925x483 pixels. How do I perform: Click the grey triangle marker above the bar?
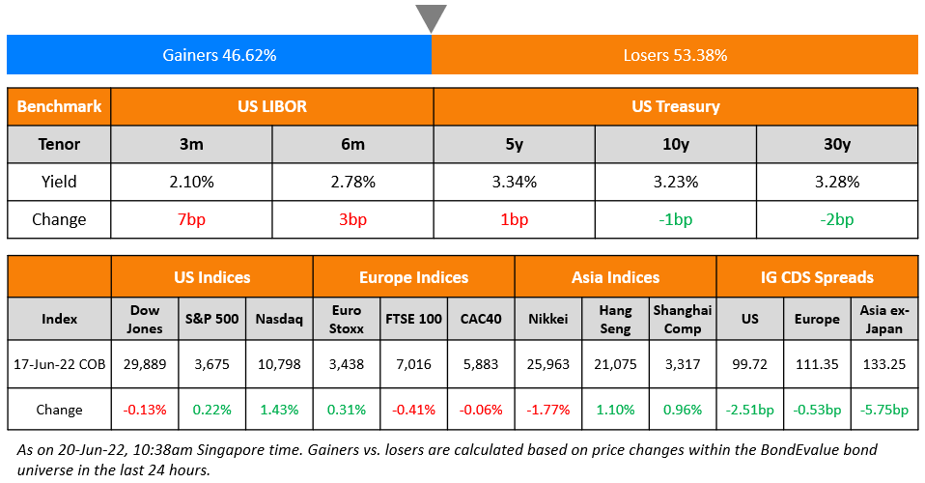(432, 17)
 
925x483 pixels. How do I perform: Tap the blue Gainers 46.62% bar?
(219, 55)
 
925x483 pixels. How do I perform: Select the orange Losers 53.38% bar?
(675, 55)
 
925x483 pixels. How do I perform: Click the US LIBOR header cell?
(272, 106)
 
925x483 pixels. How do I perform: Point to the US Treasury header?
(675, 106)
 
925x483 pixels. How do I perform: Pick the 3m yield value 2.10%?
(191, 181)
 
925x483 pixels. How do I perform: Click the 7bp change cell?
(191, 219)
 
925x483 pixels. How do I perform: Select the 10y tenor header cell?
(675, 144)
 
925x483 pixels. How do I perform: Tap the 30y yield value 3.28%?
(836, 181)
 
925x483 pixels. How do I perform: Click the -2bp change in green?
(836, 219)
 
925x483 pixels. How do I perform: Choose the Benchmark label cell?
(59, 106)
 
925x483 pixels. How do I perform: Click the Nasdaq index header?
(279, 319)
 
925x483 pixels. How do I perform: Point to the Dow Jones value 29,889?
(145, 364)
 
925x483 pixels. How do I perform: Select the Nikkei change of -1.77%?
(547, 410)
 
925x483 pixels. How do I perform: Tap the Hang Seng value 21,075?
(615, 364)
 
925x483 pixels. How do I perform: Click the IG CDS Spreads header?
(817, 277)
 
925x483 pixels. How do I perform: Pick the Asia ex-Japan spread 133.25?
(883, 364)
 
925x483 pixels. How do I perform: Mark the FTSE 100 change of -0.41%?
(413, 410)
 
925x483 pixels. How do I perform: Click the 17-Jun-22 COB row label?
(59, 364)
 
